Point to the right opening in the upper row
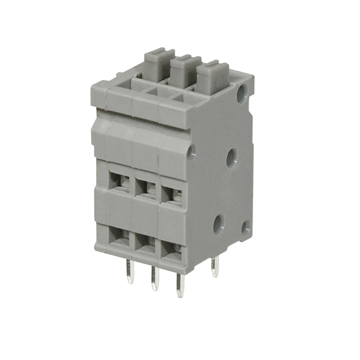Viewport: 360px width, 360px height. click(172, 195)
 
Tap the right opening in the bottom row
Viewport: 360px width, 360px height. click(172, 249)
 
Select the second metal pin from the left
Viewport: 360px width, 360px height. click(155, 279)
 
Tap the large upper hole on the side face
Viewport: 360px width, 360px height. click(232, 158)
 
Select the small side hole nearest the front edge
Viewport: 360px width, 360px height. click(192, 150)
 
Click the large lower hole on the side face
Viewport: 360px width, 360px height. click(219, 224)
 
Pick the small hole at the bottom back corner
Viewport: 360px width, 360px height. click(245, 227)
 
